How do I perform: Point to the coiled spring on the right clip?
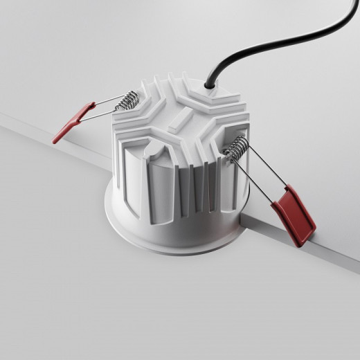(237, 147)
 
